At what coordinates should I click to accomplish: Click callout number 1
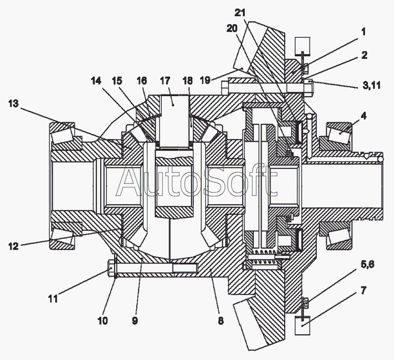pyautogui.click(x=362, y=31)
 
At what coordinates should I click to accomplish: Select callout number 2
pyautogui.click(x=364, y=55)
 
